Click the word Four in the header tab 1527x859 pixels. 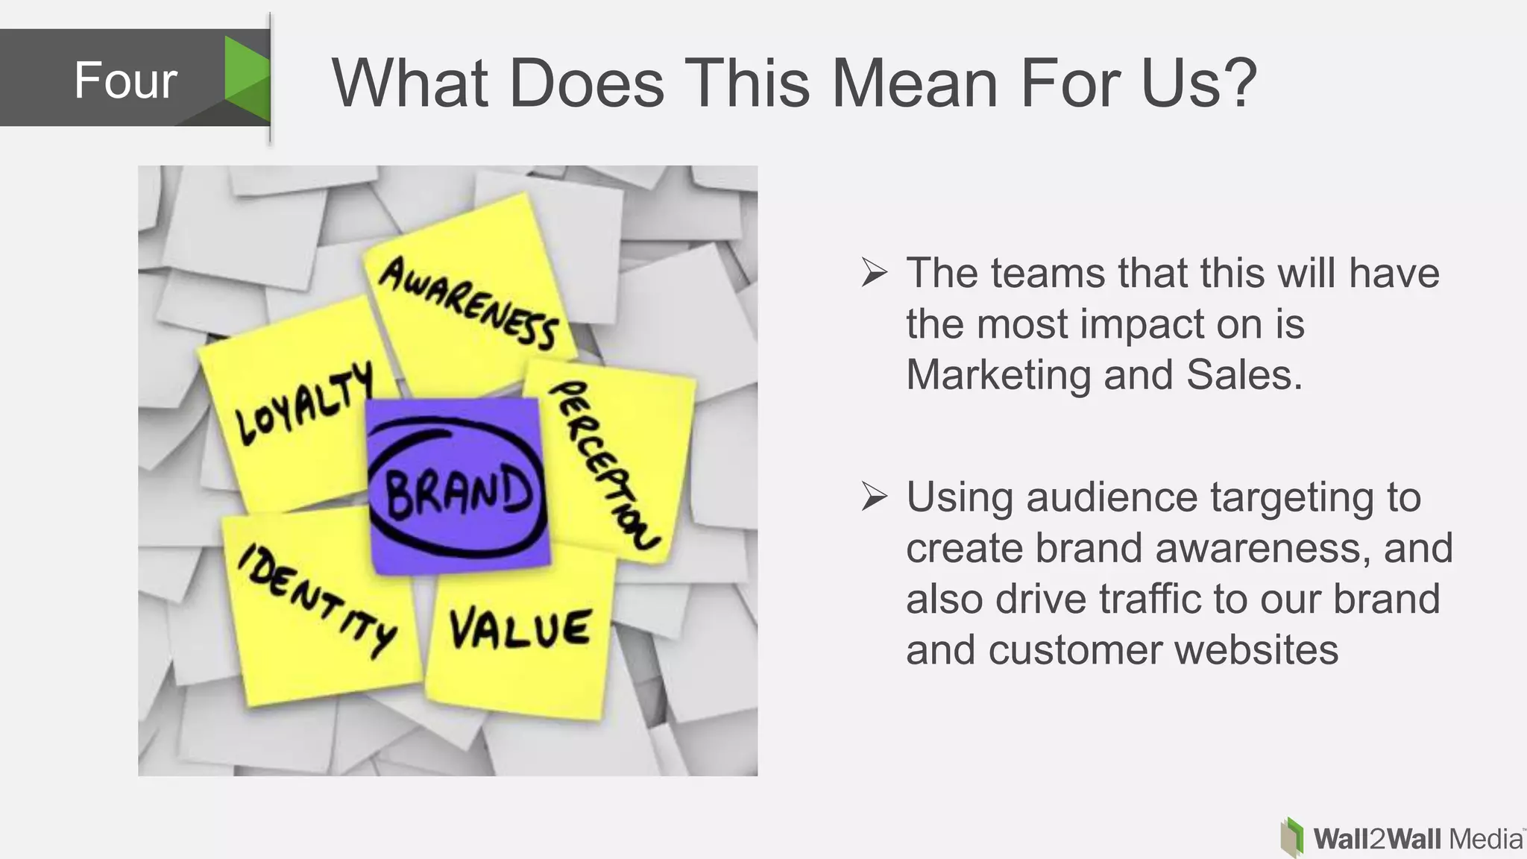tap(125, 81)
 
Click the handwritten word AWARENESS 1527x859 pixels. tap(468, 303)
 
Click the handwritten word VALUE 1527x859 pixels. tap(520, 629)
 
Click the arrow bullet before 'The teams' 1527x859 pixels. tap(874, 273)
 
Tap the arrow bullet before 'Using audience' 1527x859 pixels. tap(874, 497)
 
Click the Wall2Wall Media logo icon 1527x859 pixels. tap(1292, 838)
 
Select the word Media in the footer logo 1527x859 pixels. tap(1485, 840)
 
